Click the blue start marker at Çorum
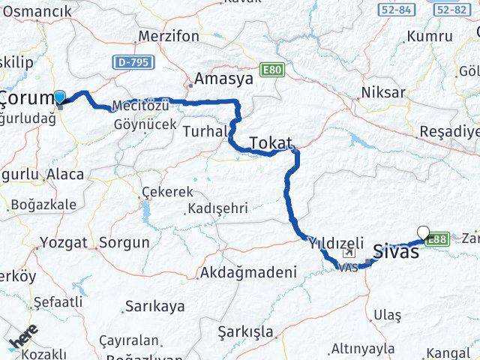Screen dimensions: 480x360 [59, 97]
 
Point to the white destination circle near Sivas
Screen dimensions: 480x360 [424, 232]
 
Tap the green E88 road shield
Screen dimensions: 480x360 [439, 238]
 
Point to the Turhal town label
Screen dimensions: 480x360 [204, 131]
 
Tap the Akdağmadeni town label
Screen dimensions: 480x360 [247, 273]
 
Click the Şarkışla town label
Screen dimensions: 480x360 [242, 331]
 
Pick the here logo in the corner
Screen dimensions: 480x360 [22, 338]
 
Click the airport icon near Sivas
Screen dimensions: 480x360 [348, 253]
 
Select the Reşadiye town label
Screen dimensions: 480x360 [448, 130]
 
